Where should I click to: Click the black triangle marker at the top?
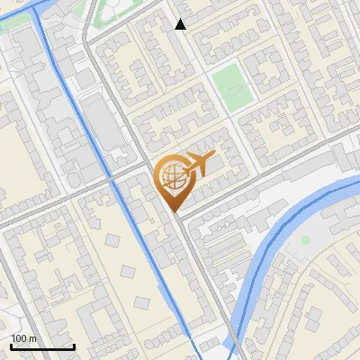[181, 24]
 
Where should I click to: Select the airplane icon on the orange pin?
[199, 164]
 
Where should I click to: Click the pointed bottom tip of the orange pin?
[176, 212]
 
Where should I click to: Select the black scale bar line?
[42, 346]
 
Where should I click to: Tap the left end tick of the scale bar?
[12, 346]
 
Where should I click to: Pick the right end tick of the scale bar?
[74, 346]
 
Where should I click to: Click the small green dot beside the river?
[306, 240]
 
